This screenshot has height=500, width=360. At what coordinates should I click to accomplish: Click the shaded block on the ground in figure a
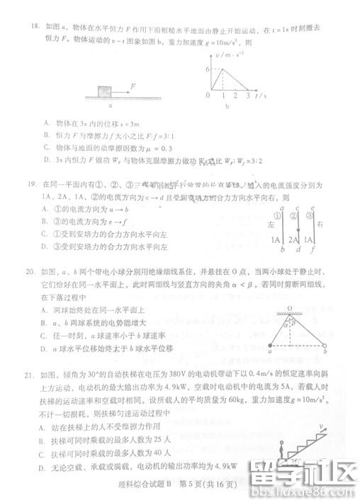pos(105,91)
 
